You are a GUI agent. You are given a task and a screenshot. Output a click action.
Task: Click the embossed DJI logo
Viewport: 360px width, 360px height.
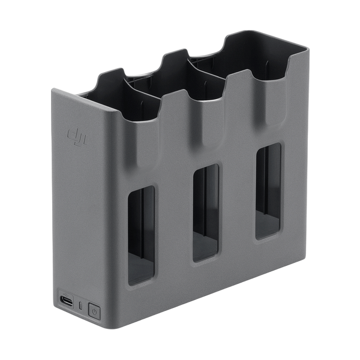pos(77,137)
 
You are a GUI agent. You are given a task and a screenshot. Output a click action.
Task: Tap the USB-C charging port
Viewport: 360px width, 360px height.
pos(67,301)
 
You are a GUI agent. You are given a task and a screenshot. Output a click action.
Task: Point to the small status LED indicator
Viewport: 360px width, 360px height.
pos(80,305)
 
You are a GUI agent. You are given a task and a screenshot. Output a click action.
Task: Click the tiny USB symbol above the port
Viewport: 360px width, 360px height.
pos(66,293)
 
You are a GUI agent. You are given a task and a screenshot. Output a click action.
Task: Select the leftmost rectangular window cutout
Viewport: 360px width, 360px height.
pos(141,235)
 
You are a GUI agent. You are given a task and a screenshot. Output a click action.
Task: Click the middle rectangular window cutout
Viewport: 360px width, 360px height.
pos(205,212)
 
